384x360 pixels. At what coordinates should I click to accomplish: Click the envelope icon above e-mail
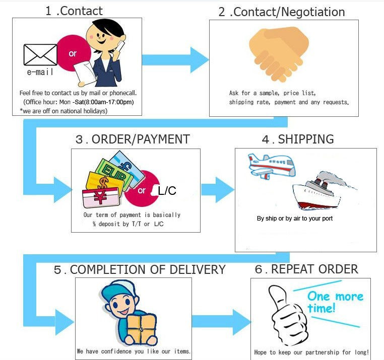tap(40, 54)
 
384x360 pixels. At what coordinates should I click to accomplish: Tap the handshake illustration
tap(279, 54)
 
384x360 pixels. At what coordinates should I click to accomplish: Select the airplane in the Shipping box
tap(271, 166)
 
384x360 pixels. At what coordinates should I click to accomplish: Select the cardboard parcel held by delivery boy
tap(141, 329)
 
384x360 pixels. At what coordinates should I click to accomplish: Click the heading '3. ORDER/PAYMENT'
tap(133, 139)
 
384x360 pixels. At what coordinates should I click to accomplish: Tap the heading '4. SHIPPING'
tap(298, 139)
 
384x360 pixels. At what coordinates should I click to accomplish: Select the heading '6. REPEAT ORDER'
tap(306, 269)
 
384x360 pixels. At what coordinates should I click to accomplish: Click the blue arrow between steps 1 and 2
tap(175, 60)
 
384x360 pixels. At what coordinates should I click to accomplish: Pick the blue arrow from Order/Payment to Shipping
tap(218, 190)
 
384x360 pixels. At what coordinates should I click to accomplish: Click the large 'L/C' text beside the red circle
tap(167, 191)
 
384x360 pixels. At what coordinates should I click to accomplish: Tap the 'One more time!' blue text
tap(335, 302)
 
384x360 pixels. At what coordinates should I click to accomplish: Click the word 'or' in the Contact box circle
tap(73, 53)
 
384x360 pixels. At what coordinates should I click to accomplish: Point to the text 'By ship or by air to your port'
tap(295, 219)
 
